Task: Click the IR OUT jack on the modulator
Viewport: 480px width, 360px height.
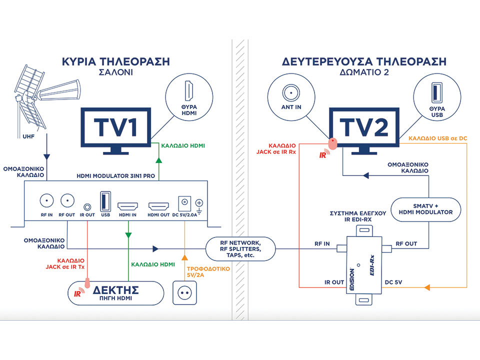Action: pyautogui.click(x=88, y=205)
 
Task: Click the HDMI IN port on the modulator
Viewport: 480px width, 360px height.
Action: pyautogui.click(x=128, y=205)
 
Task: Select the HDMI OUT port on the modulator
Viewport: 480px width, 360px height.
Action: pyautogui.click(x=159, y=205)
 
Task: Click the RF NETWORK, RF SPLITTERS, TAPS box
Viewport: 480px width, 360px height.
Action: pyautogui.click(x=241, y=248)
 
